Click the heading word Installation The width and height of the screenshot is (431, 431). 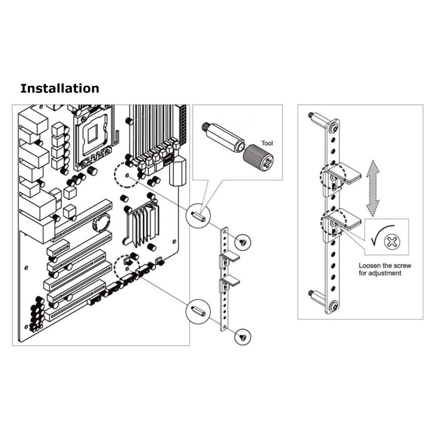tap(59, 89)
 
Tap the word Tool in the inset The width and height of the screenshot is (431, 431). tap(267, 143)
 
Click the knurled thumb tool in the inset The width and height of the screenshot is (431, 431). tap(258, 158)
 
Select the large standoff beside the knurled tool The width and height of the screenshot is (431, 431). tap(223, 137)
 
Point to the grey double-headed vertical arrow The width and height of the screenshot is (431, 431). tap(373, 188)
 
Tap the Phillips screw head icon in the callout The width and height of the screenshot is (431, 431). tap(392, 242)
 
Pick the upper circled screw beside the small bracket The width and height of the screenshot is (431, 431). tap(243, 242)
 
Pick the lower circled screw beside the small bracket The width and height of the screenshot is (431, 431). tap(243, 337)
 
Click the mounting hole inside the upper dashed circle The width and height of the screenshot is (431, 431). tap(127, 175)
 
